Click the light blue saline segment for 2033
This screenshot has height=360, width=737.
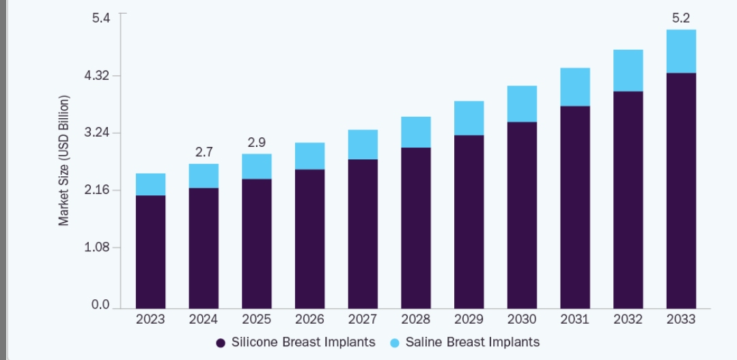pos(681,51)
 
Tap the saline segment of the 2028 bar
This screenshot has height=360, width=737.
pos(416,132)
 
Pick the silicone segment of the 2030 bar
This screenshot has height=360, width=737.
pos(522,214)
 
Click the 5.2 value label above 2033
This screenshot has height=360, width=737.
pos(681,18)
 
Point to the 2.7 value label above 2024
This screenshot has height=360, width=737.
pos(204,152)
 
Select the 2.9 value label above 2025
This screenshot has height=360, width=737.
pos(257,142)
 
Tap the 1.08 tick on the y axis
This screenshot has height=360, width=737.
pos(97,247)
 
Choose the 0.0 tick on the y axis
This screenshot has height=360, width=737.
pos(101,305)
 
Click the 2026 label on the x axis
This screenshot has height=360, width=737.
pos(309,320)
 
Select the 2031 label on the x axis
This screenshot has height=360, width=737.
pos(575,320)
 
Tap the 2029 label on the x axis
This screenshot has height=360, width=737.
pos(469,320)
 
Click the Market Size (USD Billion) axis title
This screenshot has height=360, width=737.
pos(64,161)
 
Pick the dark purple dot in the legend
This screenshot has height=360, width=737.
pos(221,342)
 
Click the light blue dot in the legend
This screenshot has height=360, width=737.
pos(394,342)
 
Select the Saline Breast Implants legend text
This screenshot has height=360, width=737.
pos(473,342)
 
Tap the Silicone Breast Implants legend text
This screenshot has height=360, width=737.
pos(303,342)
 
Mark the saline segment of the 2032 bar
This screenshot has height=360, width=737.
pos(628,70)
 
